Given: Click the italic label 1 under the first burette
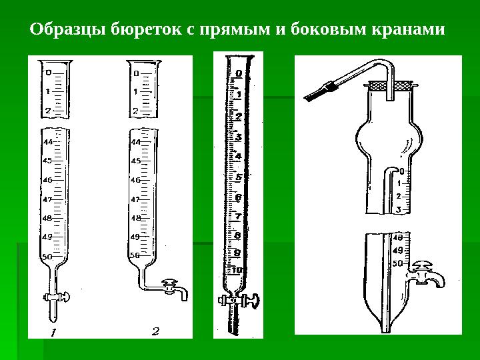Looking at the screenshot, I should (x=54, y=331).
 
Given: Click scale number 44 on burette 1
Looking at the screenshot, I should (x=47, y=142).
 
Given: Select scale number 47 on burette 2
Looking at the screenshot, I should (x=135, y=199).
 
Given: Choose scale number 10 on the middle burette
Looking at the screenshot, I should (x=237, y=270).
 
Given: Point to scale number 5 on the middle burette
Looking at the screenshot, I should (x=237, y=177).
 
